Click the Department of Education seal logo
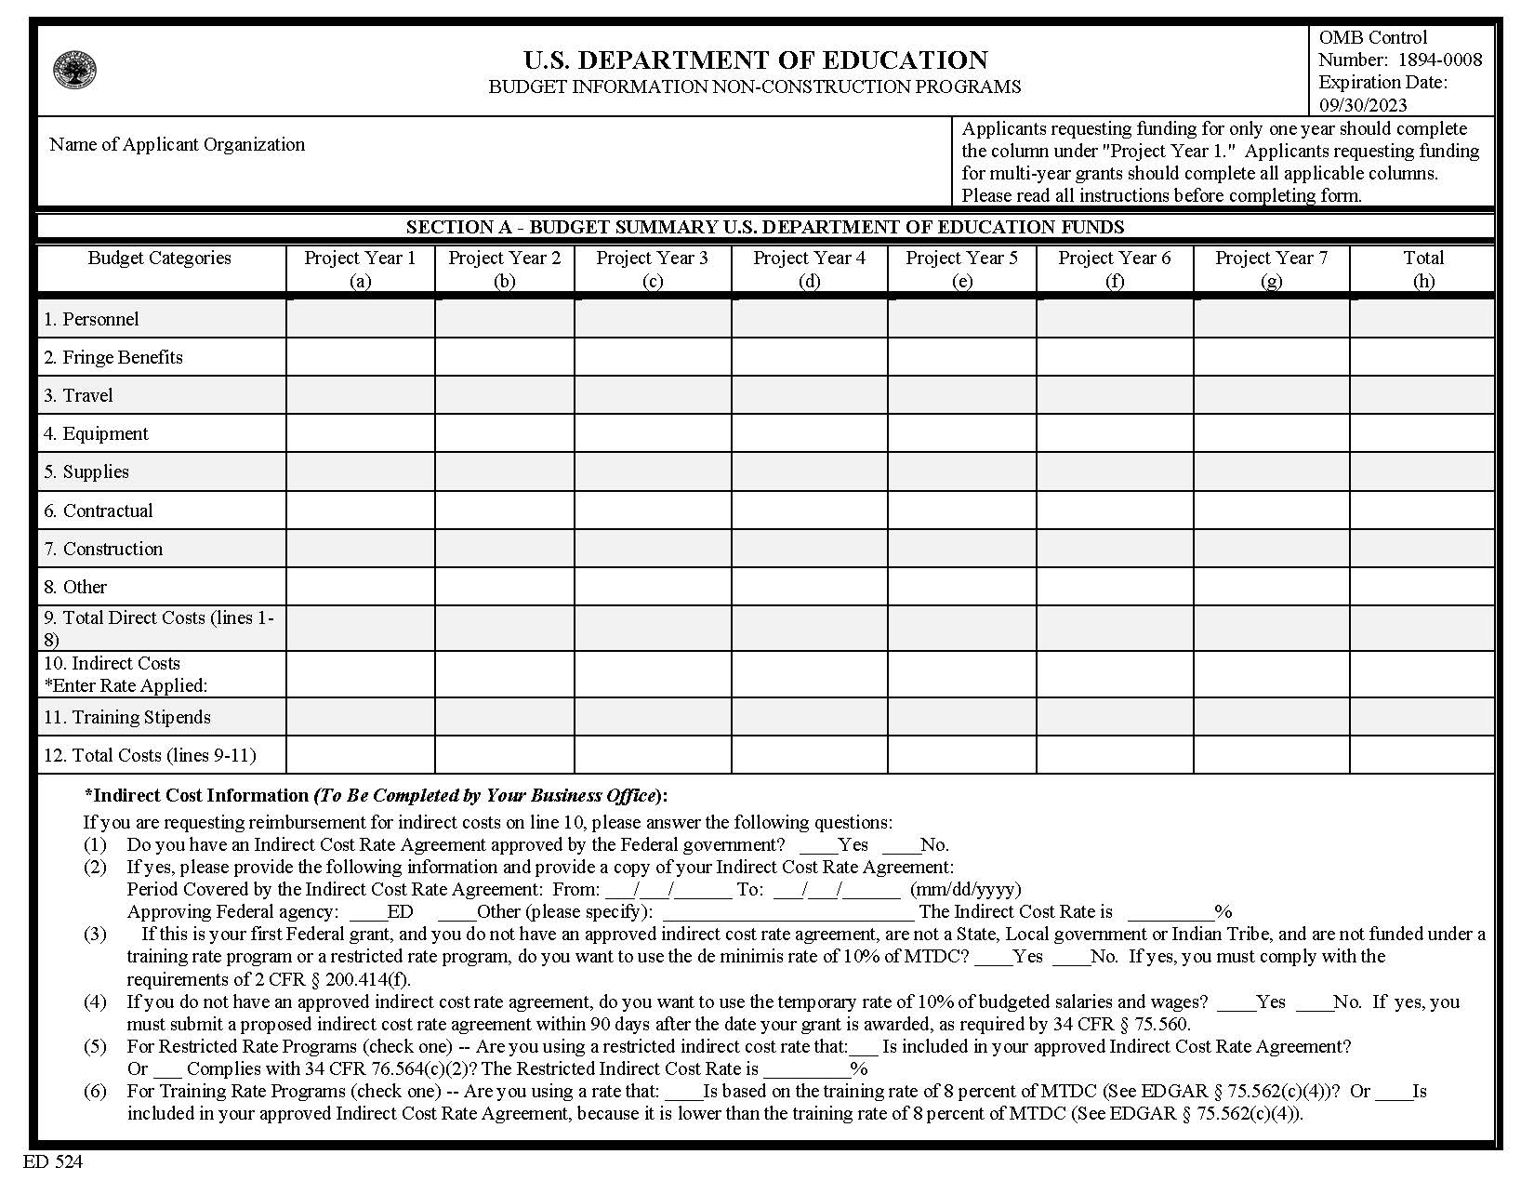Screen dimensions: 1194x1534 click(75, 71)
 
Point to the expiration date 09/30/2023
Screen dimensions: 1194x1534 click(1363, 104)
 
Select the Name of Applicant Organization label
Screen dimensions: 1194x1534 click(177, 144)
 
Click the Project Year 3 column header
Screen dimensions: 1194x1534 click(653, 269)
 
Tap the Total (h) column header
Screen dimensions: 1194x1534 click(1423, 269)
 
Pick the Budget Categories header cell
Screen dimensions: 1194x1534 click(160, 259)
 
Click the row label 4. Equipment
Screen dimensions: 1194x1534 click(96, 433)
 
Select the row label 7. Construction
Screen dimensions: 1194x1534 click(103, 549)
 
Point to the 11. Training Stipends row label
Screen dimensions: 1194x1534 click(127, 717)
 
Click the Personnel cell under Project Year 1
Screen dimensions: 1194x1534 click(361, 319)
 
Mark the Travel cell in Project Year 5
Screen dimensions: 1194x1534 click(962, 395)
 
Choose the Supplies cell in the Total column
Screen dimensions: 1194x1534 click(1422, 471)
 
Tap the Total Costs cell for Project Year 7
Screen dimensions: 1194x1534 click(1271, 755)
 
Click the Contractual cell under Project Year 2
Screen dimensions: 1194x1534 click(505, 511)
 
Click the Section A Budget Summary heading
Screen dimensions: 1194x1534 click(765, 227)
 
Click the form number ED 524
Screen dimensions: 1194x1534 click(53, 1161)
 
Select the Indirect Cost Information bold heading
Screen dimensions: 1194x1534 click(376, 796)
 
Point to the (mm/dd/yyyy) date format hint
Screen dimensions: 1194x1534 click(965, 889)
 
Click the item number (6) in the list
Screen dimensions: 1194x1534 click(96, 1091)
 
